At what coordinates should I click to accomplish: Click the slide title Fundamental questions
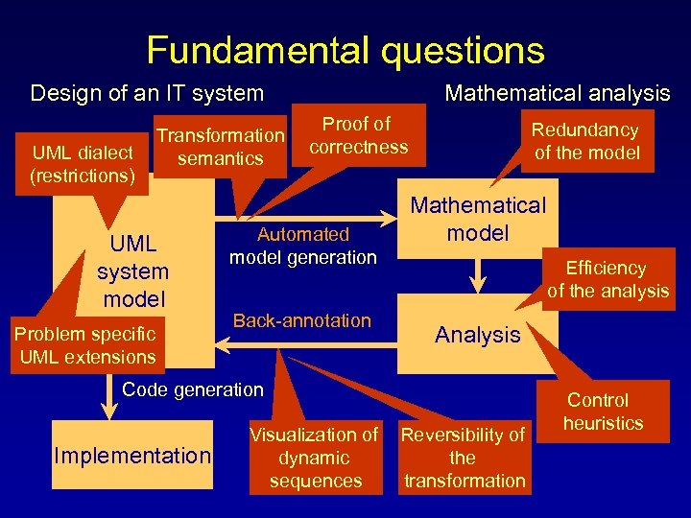point(345,49)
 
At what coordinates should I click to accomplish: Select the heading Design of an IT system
point(147,93)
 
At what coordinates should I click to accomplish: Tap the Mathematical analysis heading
point(557,93)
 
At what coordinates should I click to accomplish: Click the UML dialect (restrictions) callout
point(83,164)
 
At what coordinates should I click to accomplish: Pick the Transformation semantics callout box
point(221,147)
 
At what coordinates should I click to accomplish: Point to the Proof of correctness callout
point(358,135)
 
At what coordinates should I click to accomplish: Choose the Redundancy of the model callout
point(586,141)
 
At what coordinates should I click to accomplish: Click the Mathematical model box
point(478,220)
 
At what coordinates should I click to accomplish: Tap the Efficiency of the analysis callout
point(608,279)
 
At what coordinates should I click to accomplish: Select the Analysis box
point(477,335)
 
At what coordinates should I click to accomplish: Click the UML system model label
point(132,271)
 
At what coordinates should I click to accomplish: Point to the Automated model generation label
point(302,246)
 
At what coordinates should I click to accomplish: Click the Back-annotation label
point(301,320)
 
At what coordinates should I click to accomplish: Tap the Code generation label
point(192,388)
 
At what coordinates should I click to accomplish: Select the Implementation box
point(132,455)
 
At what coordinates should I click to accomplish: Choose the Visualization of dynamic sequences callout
point(315,458)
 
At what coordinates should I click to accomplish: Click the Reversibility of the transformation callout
point(464,458)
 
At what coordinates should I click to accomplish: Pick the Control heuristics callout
point(603,411)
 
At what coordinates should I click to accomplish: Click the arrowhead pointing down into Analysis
point(477,284)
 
